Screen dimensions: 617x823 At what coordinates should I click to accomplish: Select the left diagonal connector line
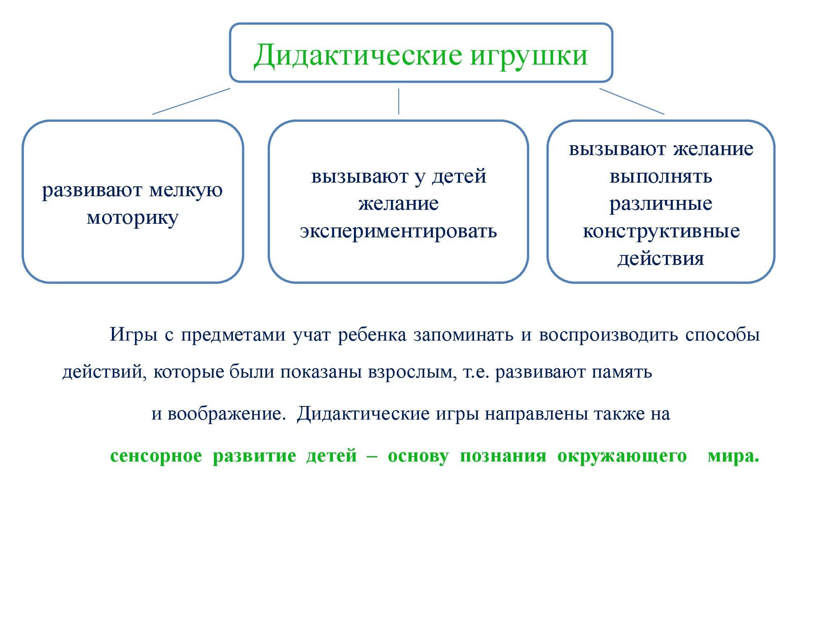click(x=191, y=101)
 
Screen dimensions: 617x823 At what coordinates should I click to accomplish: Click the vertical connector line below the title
click(x=398, y=101)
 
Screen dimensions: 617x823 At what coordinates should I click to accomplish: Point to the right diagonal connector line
click(x=632, y=101)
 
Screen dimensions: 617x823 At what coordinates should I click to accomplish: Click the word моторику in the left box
click(x=133, y=218)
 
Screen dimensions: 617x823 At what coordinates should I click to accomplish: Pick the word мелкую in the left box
click(x=186, y=190)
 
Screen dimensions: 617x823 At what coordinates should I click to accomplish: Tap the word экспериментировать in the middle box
click(x=398, y=231)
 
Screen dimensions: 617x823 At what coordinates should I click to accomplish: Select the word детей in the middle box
click(x=459, y=176)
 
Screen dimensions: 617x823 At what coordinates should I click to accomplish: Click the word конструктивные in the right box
click(x=661, y=231)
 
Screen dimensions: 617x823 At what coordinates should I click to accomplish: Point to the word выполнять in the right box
click(x=661, y=176)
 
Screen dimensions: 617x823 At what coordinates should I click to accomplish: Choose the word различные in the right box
click(x=661, y=204)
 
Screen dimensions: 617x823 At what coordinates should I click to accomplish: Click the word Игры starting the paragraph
click(x=133, y=335)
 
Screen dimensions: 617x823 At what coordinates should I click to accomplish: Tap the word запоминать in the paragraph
click(x=463, y=335)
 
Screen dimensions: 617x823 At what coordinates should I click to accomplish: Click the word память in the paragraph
click(x=622, y=372)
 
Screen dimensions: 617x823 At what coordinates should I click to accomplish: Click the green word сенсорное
click(x=156, y=456)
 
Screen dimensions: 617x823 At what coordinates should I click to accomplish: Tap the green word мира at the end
click(x=732, y=456)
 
